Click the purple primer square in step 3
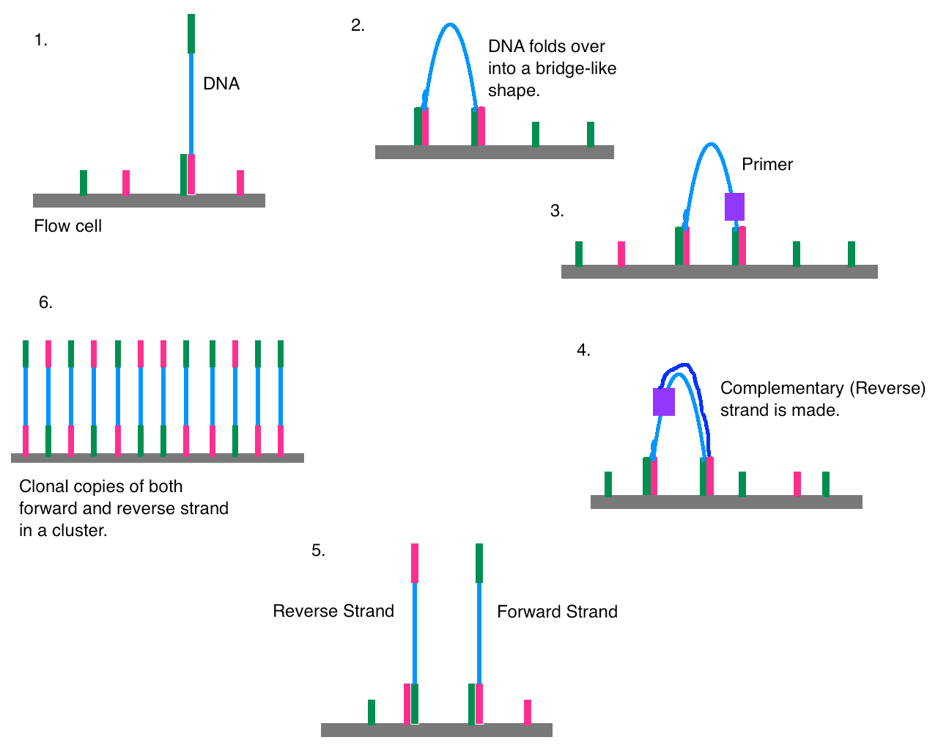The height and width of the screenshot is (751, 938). click(x=734, y=207)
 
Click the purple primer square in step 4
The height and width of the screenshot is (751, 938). click(x=664, y=402)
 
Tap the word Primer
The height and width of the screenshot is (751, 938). click(x=767, y=164)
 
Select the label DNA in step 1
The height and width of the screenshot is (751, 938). click(x=221, y=84)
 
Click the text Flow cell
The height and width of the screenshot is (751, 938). click(x=67, y=226)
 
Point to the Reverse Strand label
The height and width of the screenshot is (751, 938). click(x=333, y=611)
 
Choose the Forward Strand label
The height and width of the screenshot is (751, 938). click(x=557, y=612)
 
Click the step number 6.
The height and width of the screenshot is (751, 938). click(x=45, y=303)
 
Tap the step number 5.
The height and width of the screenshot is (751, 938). click(x=318, y=551)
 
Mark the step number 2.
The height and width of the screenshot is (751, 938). click(x=358, y=26)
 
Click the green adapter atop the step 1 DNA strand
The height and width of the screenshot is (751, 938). click(x=191, y=34)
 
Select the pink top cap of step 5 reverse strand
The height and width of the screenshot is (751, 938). click(x=415, y=563)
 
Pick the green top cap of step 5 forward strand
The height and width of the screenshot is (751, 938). click(x=479, y=563)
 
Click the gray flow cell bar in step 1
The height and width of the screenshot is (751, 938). click(x=149, y=200)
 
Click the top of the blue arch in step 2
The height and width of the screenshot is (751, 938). click(x=450, y=26)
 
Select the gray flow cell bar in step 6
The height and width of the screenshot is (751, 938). click(x=157, y=458)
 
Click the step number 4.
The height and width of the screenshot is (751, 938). click(x=583, y=351)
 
